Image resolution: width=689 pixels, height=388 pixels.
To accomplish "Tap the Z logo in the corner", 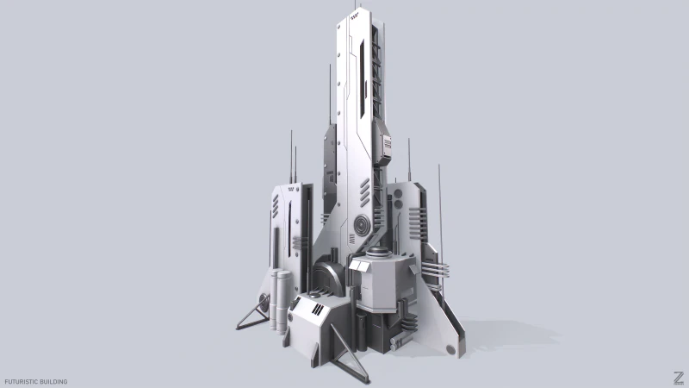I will click(679, 377).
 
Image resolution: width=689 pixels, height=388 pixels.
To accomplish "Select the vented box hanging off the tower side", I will click(385, 149).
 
